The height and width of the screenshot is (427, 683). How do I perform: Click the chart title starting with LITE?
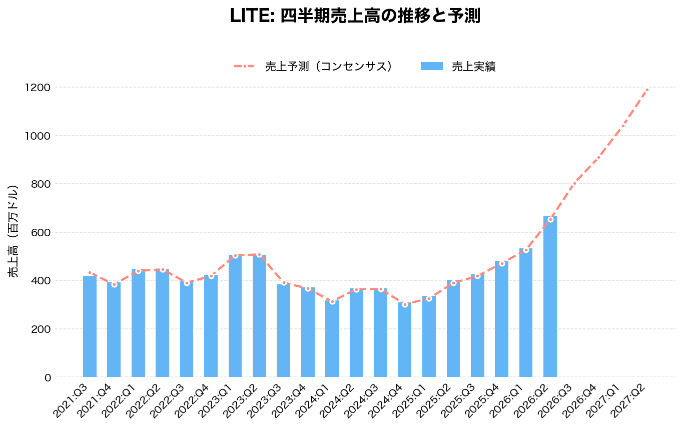pyautogui.click(x=355, y=16)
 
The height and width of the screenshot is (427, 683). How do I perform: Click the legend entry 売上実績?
pyautogui.click(x=473, y=67)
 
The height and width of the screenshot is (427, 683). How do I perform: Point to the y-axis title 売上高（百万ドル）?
pyautogui.click(x=14, y=231)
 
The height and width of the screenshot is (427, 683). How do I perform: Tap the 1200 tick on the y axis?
pyautogui.click(x=38, y=88)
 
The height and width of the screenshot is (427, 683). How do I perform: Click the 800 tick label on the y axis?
pyautogui.click(x=40, y=184)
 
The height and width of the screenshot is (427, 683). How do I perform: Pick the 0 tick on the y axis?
pyautogui.click(x=48, y=377)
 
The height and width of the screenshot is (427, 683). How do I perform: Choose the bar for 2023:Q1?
pyautogui.click(x=235, y=316)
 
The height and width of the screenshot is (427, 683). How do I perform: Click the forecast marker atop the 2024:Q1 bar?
pyautogui.click(x=332, y=302)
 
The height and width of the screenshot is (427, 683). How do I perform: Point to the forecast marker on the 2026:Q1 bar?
pyautogui.click(x=526, y=250)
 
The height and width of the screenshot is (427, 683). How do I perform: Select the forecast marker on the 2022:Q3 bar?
pyautogui.click(x=187, y=283)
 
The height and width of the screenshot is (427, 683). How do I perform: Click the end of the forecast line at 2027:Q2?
pyautogui.click(x=647, y=90)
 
